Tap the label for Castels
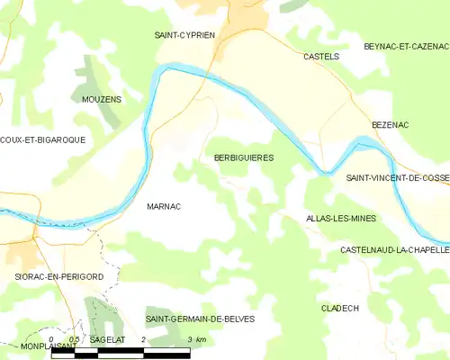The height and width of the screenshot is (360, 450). pos(321,56)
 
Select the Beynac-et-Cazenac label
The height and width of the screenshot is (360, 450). pos(405,46)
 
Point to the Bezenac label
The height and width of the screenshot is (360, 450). pos(391,125)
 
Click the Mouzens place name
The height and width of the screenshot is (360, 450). pos(101,99)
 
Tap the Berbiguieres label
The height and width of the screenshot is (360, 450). pos(244,157)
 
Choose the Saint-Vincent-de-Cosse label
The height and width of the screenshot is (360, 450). pos(398,179)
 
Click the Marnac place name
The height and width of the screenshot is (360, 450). pos(164,206)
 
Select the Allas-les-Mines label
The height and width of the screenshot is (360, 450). pos(341,219)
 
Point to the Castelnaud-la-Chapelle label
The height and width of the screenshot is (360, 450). pos(394,248)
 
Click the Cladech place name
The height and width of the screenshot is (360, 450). pos(340,308)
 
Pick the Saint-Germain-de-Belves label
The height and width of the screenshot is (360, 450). pos(200,319)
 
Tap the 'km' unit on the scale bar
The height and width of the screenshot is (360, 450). pos(201,340)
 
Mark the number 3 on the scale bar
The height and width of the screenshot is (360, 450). pos(190,340)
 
